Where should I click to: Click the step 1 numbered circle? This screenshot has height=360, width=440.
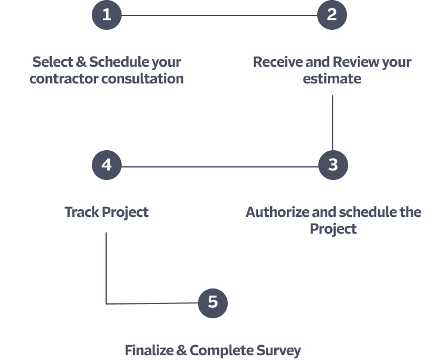pos(107,14)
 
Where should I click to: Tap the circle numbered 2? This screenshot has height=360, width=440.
pos(332,14)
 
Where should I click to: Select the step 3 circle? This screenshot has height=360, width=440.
pos(333,165)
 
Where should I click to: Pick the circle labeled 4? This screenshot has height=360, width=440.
pos(107,165)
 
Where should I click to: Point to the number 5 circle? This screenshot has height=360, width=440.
pos(213,303)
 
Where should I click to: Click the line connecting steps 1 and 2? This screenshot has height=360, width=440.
pos(219,15)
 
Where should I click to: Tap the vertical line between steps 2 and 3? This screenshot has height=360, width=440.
pos(332,122)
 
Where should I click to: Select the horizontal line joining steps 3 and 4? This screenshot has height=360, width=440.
pos(219,166)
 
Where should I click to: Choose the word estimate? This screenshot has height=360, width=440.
pos(332,79)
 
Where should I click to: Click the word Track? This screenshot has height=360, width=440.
pos(82,212)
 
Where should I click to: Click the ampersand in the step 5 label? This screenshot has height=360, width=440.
pos(182,350)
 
